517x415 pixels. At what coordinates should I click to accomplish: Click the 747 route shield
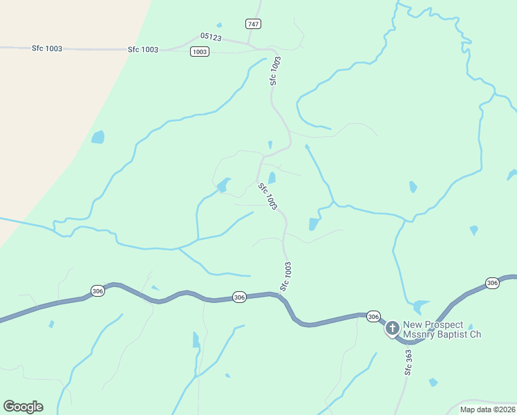click(253, 24)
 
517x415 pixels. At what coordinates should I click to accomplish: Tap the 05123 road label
click(211, 37)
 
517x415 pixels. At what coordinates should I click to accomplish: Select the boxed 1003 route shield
click(200, 52)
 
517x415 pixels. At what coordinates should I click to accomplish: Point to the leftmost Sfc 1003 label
click(47, 48)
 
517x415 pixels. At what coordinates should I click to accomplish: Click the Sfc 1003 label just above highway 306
click(285, 276)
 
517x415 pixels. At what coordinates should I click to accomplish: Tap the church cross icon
click(393, 327)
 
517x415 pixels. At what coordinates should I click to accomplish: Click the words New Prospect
click(432, 324)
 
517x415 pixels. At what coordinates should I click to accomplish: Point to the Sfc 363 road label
click(408, 362)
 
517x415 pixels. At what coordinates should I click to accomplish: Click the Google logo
click(23, 406)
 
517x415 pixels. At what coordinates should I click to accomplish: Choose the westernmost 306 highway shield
click(97, 291)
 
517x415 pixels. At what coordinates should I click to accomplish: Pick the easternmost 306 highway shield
click(491, 283)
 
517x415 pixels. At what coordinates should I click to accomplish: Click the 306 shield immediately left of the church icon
click(373, 316)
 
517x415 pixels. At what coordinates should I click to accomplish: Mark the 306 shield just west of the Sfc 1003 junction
click(239, 297)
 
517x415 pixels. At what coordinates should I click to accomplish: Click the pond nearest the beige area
click(98, 136)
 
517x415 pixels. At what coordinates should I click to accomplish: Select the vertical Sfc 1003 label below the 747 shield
click(275, 71)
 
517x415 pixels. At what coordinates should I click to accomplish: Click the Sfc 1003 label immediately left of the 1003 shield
click(143, 50)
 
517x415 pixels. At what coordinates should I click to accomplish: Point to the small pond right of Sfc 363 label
click(433, 382)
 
